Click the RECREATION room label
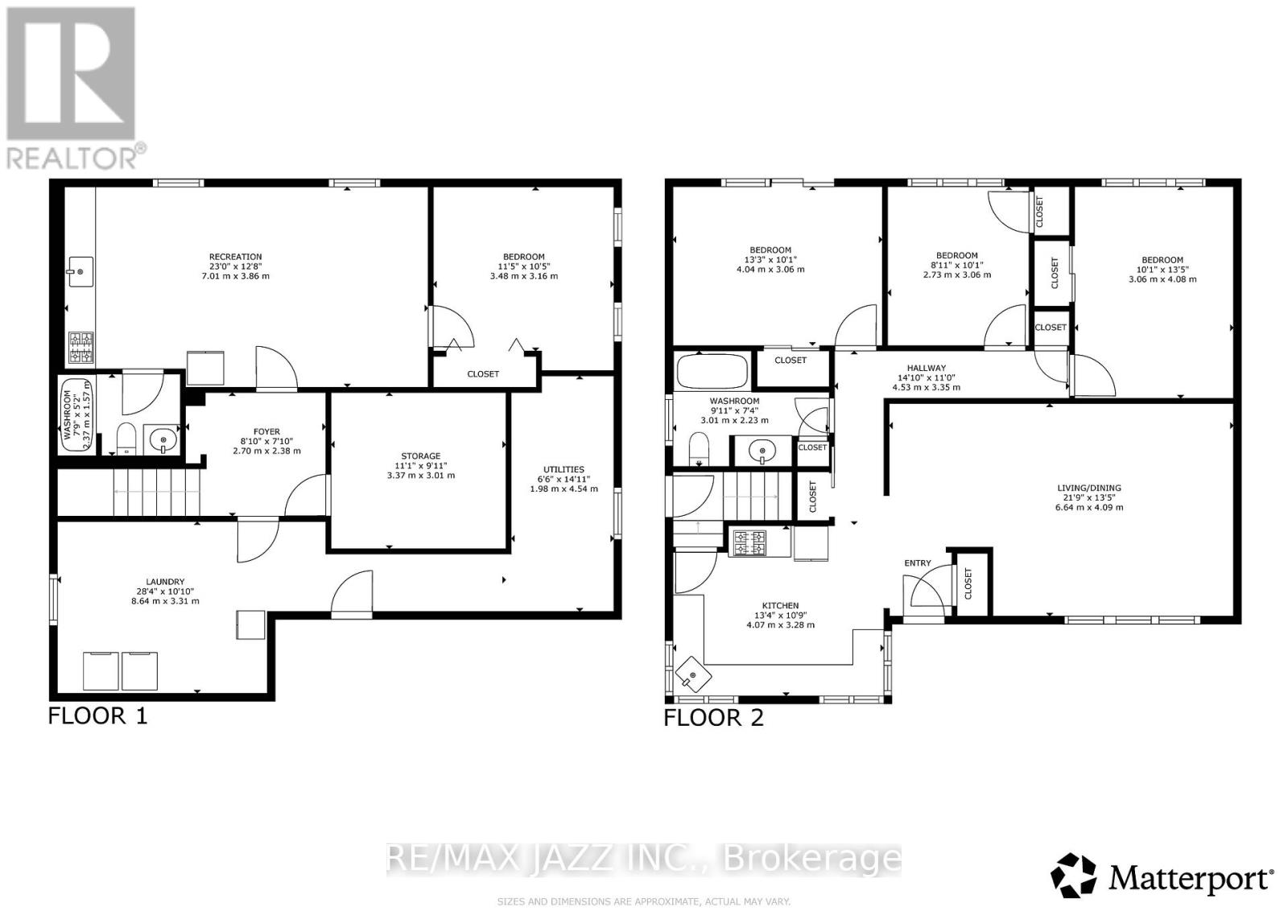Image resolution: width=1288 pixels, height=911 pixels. point(235,258)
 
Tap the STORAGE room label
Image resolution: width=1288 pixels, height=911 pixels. point(420,456)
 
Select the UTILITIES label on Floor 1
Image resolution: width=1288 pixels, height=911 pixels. point(563,470)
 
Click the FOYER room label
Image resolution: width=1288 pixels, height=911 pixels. point(266,432)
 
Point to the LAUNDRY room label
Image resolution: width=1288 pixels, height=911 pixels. point(165,582)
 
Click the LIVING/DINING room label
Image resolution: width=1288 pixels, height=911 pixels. point(1088,488)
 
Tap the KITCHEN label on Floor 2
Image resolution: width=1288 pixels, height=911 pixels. point(780,606)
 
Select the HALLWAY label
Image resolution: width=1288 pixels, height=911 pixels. point(926,369)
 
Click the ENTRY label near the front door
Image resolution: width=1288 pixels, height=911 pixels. point(917,563)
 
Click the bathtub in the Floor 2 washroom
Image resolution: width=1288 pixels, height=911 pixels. point(712,371)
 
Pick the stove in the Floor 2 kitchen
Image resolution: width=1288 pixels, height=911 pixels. point(749,543)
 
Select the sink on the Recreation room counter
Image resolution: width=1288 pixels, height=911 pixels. point(80,270)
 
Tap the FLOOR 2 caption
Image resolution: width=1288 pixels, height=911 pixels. point(713,718)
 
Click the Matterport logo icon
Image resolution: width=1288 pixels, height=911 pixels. point(1074,876)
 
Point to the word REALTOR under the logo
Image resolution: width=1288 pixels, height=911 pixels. point(73,156)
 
